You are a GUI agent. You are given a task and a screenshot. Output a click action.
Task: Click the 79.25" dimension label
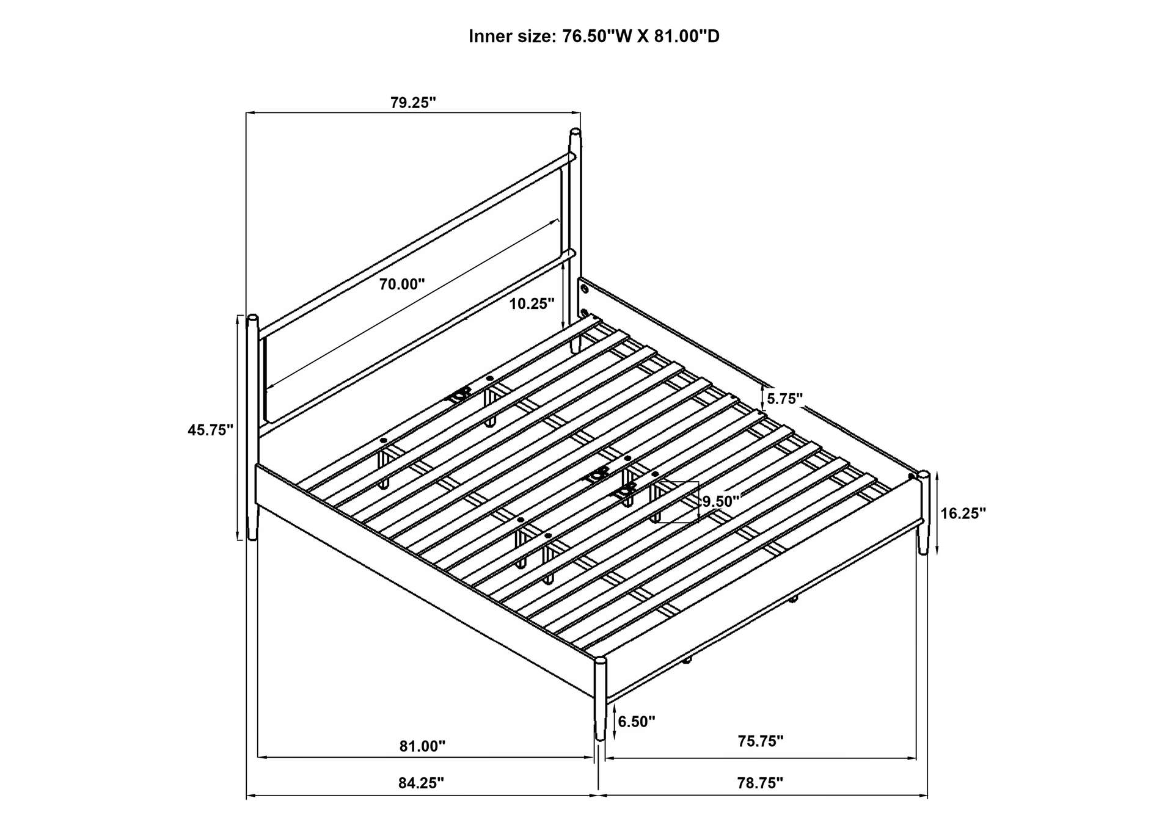pos(413,102)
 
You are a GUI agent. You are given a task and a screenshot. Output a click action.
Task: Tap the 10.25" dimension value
pos(532,303)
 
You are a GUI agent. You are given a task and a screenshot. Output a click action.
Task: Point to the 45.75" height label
pos(211,430)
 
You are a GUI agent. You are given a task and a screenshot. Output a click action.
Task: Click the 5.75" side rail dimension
pos(784,399)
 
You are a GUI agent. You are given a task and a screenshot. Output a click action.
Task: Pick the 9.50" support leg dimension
pos(721,501)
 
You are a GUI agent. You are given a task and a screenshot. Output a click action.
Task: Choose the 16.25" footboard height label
pos(963,513)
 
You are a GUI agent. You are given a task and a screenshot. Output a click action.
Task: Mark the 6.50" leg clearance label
pos(636,722)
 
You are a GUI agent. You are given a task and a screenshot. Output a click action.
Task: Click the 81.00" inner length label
pos(423,746)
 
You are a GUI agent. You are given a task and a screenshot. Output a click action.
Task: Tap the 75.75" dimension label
pos(760,741)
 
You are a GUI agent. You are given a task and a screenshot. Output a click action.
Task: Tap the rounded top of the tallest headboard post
pos(575,132)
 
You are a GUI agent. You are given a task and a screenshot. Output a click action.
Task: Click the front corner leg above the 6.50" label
pos(600,696)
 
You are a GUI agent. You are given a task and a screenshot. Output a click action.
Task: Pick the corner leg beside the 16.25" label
pos(923,513)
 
